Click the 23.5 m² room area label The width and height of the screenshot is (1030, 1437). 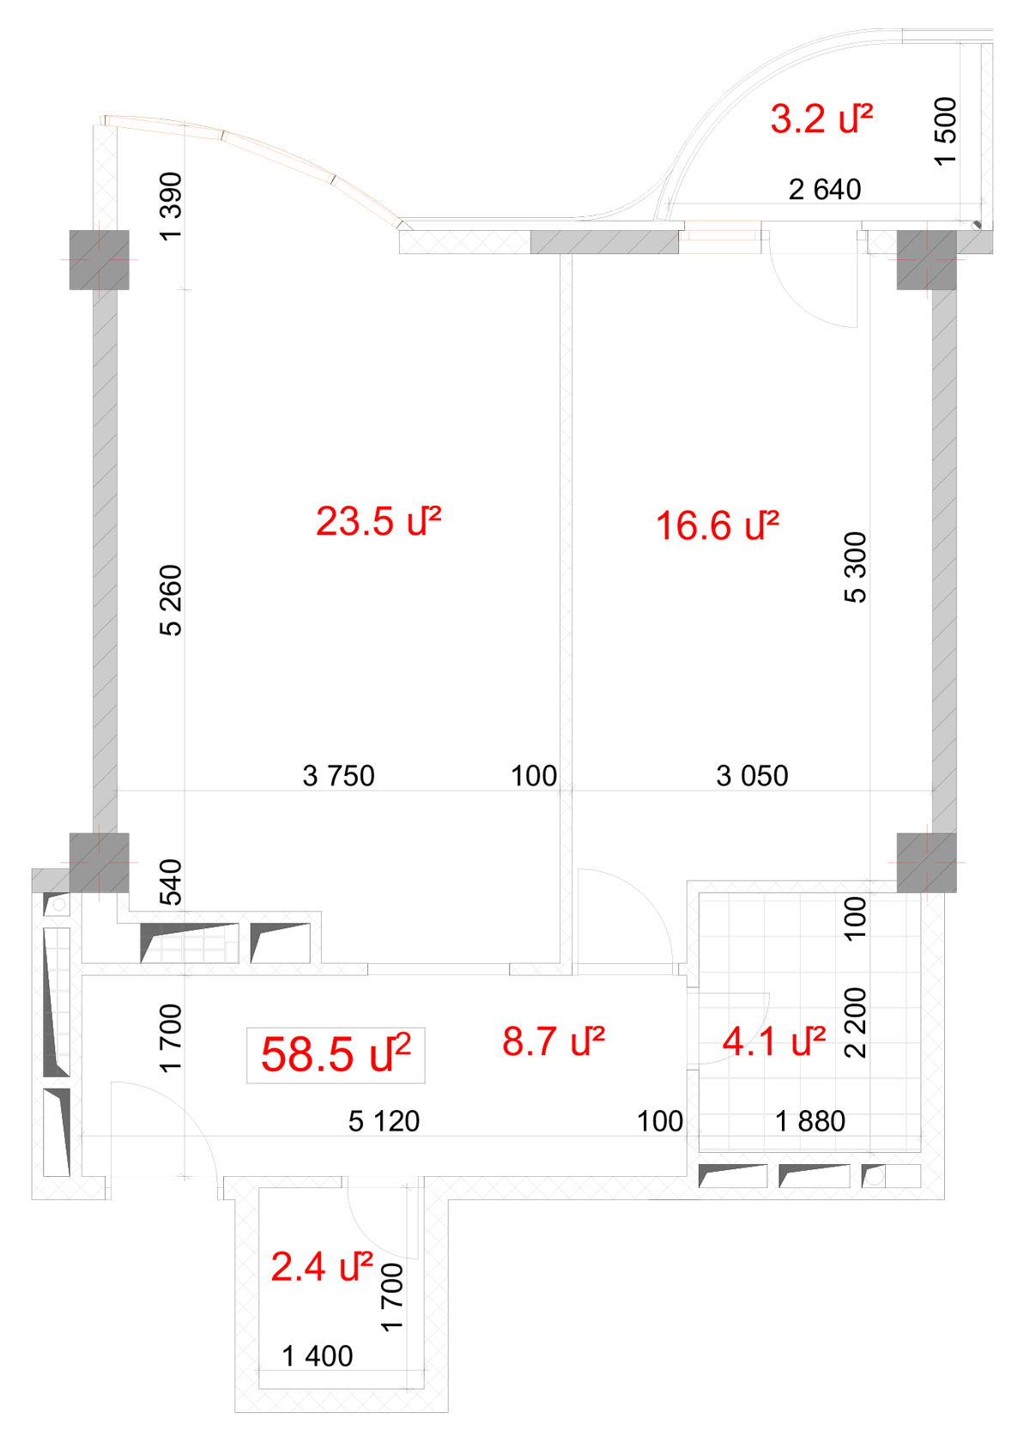pyautogui.click(x=379, y=521)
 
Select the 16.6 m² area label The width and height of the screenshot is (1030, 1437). pyautogui.click(x=717, y=525)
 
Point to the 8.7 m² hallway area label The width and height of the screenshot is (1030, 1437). pyautogui.click(x=554, y=1040)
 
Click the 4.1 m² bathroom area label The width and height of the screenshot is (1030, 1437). pyautogui.click(x=774, y=1040)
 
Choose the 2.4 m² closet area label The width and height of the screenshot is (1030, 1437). pyautogui.click(x=322, y=1266)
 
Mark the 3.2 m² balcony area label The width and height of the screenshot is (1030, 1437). pyautogui.click(x=821, y=118)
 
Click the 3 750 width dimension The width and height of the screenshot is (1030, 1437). pyautogui.click(x=339, y=776)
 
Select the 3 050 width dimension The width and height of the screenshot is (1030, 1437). pyautogui.click(x=752, y=776)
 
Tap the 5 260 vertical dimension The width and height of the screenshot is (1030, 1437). pyautogui.click(x=172, y=600)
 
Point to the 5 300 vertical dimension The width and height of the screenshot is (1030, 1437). pyautogui.click(x=855, y=567)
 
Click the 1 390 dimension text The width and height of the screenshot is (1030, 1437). pyautogui.click(x=172, y=207)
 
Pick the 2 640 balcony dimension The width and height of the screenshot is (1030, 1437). pyautogui.click(x=825, y=189)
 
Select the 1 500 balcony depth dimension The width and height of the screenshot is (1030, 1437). pyautogui.click(x=945, y=131)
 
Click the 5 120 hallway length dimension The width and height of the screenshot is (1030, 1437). pyautogui.click(x=385, y=1121)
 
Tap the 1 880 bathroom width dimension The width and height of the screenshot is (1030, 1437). pyautogui.click(x=810, y=1121)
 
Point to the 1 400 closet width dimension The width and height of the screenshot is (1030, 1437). pyautogui.click(x=318, y=1356)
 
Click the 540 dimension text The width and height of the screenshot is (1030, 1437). pyautogui.click(x=172, y=882)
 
